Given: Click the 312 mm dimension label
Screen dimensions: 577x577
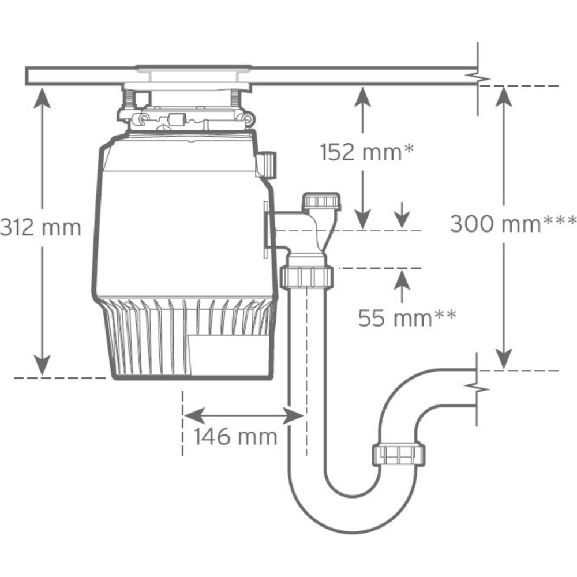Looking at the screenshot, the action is pos(40,227).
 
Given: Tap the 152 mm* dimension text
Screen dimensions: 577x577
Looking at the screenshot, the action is pos(367,152).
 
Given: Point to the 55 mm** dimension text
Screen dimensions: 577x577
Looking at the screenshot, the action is pos(407,317).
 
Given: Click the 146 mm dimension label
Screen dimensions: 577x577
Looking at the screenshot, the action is pos(235,436).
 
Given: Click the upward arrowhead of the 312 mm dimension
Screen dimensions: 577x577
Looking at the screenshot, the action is pos(42,98).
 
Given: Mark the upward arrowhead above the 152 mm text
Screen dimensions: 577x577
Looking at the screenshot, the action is pos(363,97).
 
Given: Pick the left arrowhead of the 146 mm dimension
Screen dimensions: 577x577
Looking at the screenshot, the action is pos(194,416).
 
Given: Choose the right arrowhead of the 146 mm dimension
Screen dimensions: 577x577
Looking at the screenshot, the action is pos(293,416).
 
